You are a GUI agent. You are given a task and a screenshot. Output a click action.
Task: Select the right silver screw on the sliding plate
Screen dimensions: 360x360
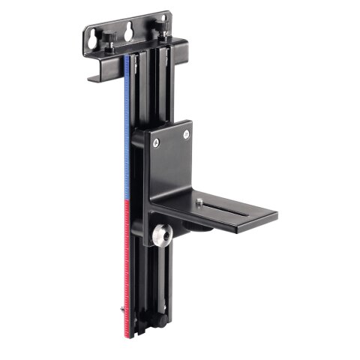click(x=186, y=135)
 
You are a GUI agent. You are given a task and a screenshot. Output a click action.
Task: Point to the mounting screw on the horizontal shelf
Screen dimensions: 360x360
click(x=201, y=200)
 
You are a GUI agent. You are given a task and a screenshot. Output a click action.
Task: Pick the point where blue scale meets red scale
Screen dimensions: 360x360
click(x=129, y=200)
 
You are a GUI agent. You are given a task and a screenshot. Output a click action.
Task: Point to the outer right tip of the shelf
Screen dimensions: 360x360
click(x=276, y=217)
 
